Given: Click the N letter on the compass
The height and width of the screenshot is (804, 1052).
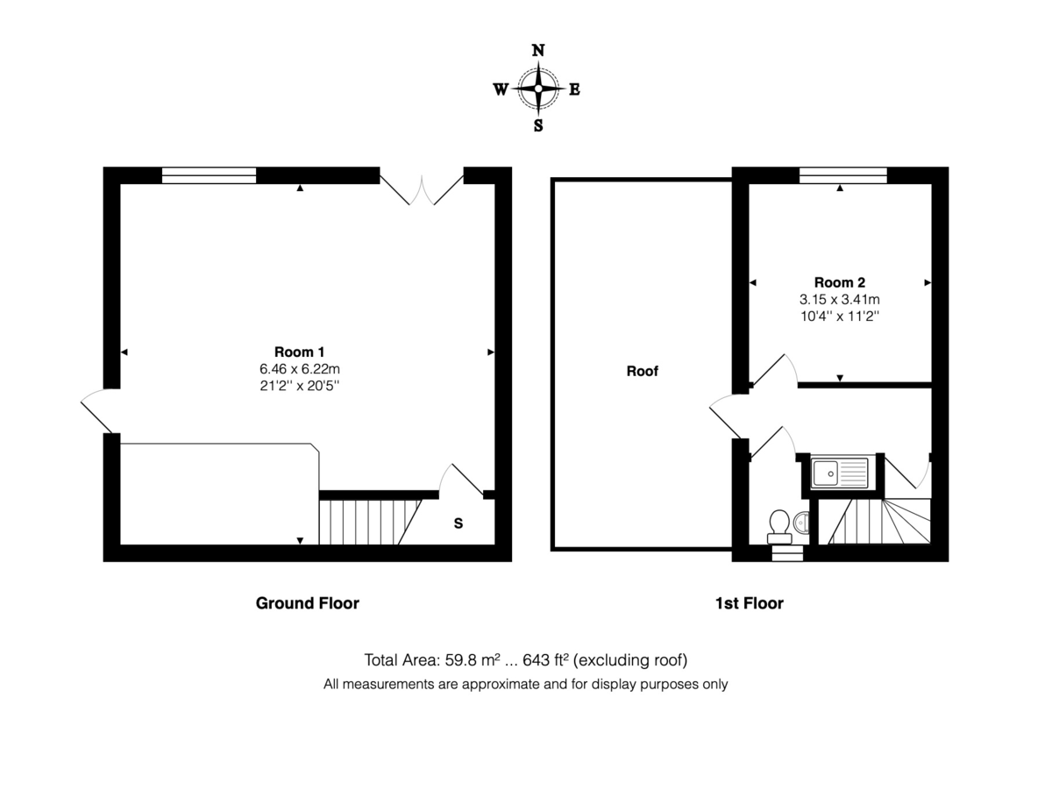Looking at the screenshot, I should [x=538, y=51].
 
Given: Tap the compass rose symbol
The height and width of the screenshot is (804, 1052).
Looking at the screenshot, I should [x=538, y=88].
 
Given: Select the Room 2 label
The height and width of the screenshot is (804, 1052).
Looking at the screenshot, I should [x=839, y=282].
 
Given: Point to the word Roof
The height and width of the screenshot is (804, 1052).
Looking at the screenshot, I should [x=642, y=371].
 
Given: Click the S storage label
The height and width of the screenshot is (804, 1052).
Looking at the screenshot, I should [x=458, y=523].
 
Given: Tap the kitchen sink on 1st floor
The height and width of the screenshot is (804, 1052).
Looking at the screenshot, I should [x=839, y=473].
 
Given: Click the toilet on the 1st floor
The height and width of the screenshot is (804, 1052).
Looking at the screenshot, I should [x=778, y=523].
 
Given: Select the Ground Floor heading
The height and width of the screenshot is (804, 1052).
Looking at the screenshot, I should [x=307, y=603].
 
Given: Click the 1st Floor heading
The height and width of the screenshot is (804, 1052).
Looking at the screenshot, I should [x=748, y=603].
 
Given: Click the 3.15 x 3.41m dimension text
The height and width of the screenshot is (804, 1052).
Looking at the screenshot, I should [x=839, y=299].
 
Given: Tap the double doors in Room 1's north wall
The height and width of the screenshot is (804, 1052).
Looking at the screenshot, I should [x=422, y=188].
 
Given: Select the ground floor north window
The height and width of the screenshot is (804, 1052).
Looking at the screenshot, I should [x=210, y=175].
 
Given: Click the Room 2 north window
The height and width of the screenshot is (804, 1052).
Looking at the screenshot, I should [x=842, y=175].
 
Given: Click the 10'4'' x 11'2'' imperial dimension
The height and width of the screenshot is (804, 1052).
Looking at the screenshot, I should [x=839, y=315].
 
